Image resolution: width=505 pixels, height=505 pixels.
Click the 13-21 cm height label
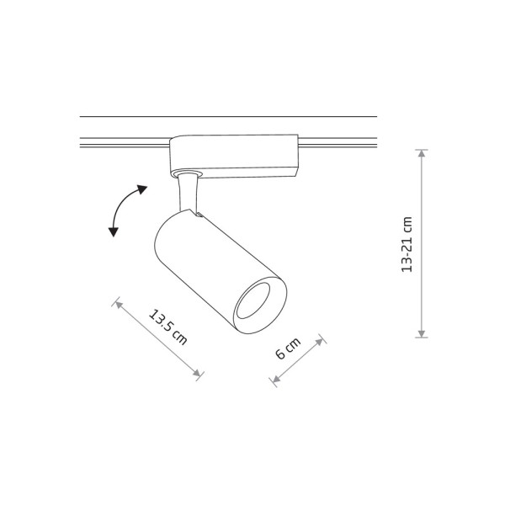pos(408,244)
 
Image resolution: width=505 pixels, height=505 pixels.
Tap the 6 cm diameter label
pos(288,349)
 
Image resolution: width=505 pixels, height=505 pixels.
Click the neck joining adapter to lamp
pos(189,192)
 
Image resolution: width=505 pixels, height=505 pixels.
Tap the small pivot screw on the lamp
pos(199,217)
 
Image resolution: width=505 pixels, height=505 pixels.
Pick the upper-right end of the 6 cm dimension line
pos(322,339)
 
